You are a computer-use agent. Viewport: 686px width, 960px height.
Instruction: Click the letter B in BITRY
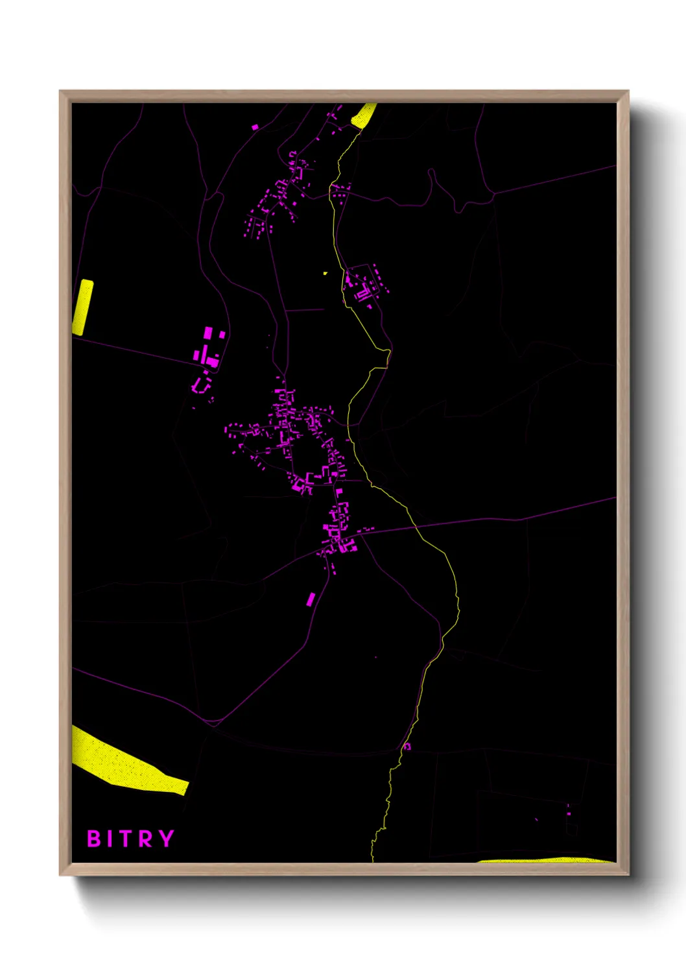94,839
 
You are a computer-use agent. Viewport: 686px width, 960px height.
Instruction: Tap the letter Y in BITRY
167,838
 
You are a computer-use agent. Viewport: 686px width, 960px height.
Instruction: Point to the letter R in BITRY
147,839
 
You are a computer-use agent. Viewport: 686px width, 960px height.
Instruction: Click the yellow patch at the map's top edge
364,115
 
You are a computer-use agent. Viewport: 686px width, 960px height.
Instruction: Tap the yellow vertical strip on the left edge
83,307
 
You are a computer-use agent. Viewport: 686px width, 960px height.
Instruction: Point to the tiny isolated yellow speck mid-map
325,273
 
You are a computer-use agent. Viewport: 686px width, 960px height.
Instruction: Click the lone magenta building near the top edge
255,127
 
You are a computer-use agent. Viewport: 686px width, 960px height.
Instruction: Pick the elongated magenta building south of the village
311,599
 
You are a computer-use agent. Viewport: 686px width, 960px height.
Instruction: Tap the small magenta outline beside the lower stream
407,746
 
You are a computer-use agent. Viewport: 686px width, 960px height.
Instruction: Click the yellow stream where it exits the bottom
373,858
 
